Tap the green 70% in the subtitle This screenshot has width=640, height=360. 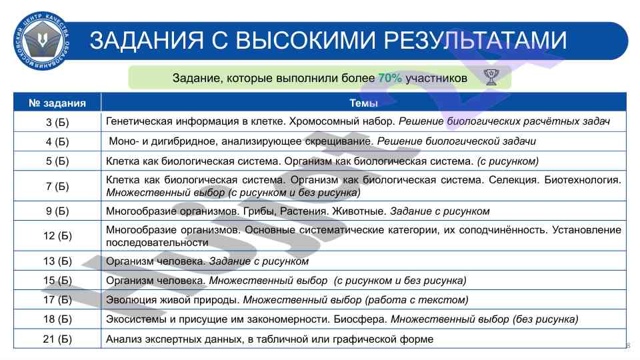(390, 78)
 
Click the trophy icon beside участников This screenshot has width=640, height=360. (491, 78)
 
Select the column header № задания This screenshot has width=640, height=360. (58, 103)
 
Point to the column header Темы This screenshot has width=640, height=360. (363, 103)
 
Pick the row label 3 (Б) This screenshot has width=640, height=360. (58, 122)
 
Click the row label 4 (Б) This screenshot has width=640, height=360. (58, 141)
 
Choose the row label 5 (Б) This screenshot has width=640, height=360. (58, 161)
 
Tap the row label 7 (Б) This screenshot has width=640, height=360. (58, 186)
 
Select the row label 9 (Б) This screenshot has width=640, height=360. (58, 211)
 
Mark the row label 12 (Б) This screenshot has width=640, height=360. (58, 236)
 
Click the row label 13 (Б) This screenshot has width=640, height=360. (58, 261)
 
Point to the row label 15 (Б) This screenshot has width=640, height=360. (58, 281)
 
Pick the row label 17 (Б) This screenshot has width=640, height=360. (58, 300)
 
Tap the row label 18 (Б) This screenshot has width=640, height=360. (58, 319)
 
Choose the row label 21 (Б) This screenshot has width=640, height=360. (58, 339)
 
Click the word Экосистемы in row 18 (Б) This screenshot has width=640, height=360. (132, 319)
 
